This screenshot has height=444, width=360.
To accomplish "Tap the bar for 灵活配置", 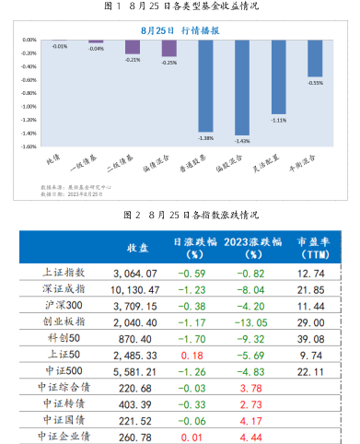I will tap(279, 77).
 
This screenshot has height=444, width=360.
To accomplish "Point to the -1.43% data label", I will tap(242, 141).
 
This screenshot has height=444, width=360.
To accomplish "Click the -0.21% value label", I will tap(133, 60).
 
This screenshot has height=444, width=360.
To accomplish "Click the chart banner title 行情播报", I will tap(200, 30).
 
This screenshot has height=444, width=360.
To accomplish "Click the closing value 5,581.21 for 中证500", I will tap(135, 370).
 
